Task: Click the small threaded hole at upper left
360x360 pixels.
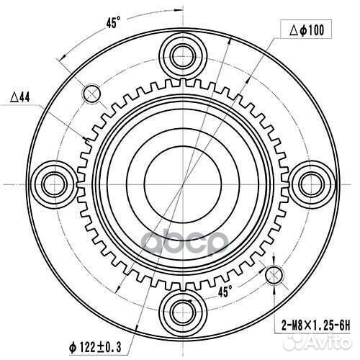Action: click(92, 93)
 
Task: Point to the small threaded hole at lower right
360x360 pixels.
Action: click(274, 274)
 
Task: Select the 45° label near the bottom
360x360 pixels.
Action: click(225, 292)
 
